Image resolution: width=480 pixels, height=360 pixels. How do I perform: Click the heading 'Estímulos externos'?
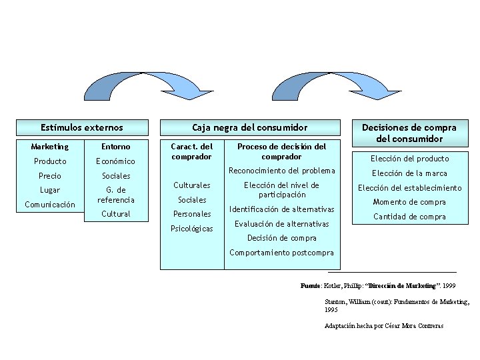(x=82, y=127)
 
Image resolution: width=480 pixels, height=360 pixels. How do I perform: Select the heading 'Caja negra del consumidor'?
(x=250, y=127)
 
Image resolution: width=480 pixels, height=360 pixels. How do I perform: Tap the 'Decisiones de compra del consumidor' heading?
(x=409, y=133)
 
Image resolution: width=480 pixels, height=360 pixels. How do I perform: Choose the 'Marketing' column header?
(x=50, y=146)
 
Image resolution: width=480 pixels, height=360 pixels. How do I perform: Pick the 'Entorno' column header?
(x=115, y=146)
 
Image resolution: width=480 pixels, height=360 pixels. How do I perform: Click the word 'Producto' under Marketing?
(x=50, y=161)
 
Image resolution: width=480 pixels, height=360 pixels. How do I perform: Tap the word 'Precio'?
(x=50, y=176)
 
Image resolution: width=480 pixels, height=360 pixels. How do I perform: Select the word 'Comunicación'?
(x=50, y=205)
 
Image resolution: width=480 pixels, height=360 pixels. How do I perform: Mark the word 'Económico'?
(x=115, y=161)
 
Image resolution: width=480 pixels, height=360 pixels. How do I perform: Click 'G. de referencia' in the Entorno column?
(x=115, y=195)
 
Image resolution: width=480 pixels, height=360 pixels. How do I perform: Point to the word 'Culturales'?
(x=192, y=185)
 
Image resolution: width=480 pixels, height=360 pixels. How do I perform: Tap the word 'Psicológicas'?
(x=192, y=229)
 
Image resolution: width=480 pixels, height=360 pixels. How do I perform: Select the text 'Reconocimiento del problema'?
(x=281, y=171)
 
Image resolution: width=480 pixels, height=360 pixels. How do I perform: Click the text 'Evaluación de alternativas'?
(x=281, y=224)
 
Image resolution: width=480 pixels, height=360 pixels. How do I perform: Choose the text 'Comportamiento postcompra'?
(x=281, y=253)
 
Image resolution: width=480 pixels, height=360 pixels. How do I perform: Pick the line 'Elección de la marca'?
(x=409, y=173)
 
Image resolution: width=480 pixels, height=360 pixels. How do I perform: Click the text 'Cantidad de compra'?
(x=409, y=217)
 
